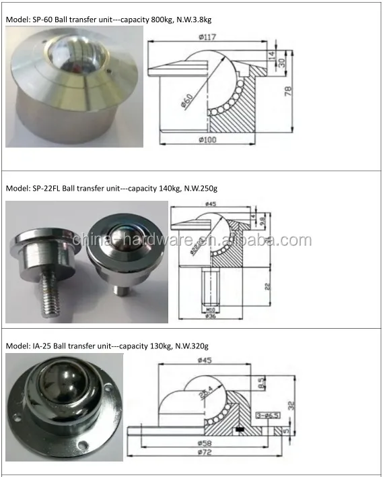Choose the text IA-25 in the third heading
click(42, 346)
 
